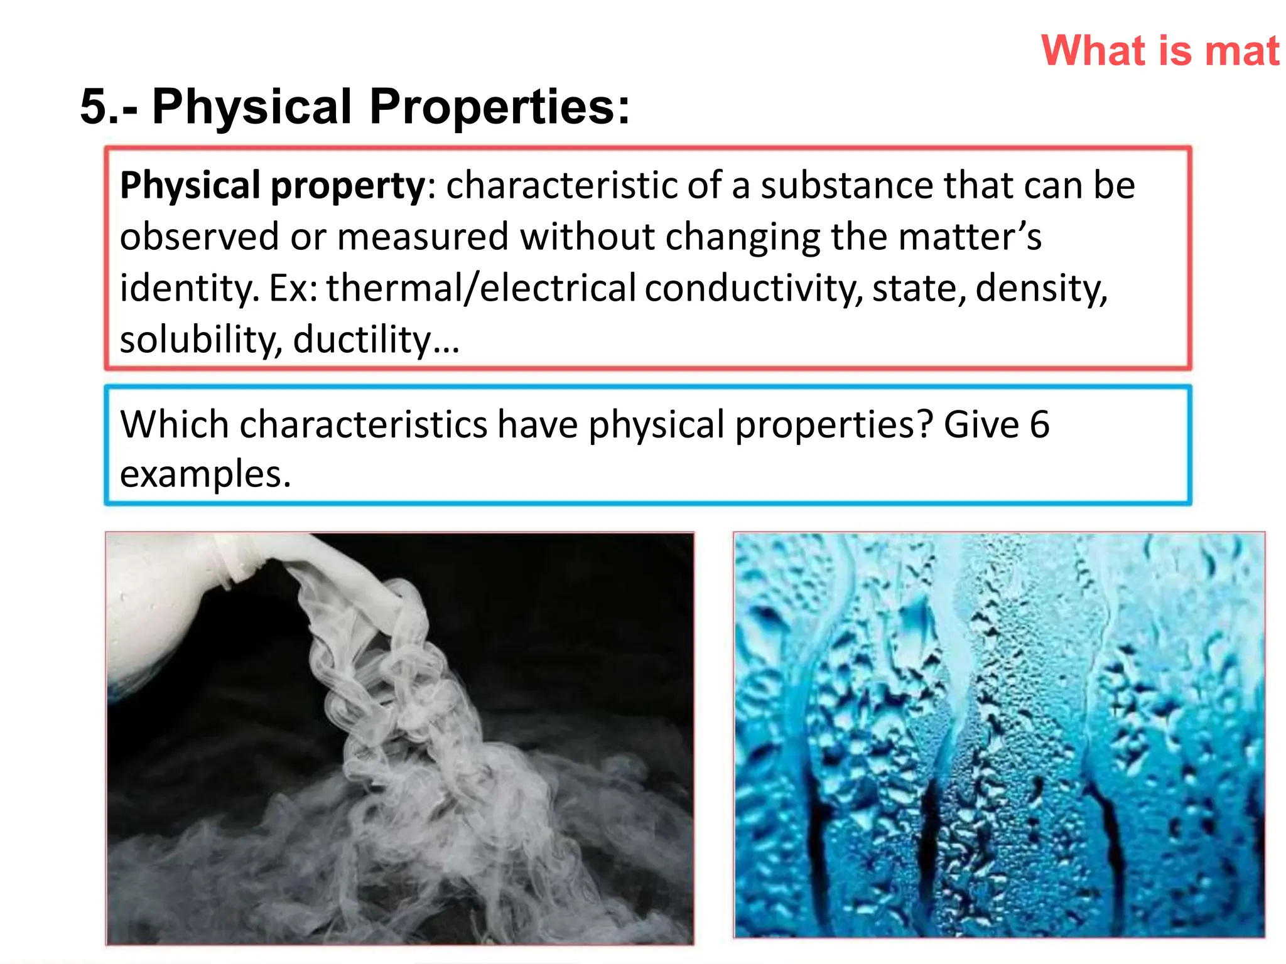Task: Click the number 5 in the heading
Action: [95, 107]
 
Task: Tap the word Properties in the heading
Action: [499, 107]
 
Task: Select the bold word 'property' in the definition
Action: [349, 186]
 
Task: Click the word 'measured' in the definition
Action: [423, 237]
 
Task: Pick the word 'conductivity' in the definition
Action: [754, 289]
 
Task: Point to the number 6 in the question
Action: [1039, 424]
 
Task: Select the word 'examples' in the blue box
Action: [204, 474]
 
